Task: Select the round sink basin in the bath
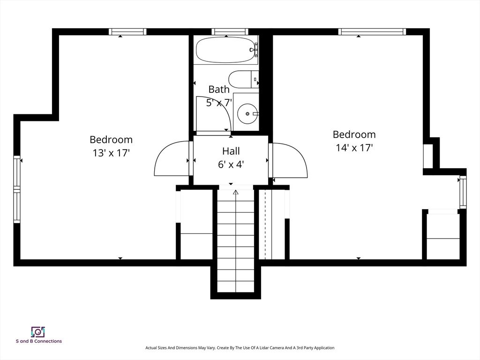point(247,113)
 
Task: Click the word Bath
point(219,89)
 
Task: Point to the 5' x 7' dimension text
point(219,102)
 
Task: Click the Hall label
point(231,151)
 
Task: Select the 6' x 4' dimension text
point(231,164)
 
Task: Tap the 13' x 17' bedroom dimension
point(111,153)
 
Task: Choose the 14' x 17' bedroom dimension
point(354,148)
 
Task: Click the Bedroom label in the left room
point(111,140)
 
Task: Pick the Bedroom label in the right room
point(354,135)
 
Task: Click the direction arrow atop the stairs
point(236,192)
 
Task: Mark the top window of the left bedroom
point(127,32)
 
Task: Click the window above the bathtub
point(230,32)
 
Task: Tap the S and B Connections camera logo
point(37,332)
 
